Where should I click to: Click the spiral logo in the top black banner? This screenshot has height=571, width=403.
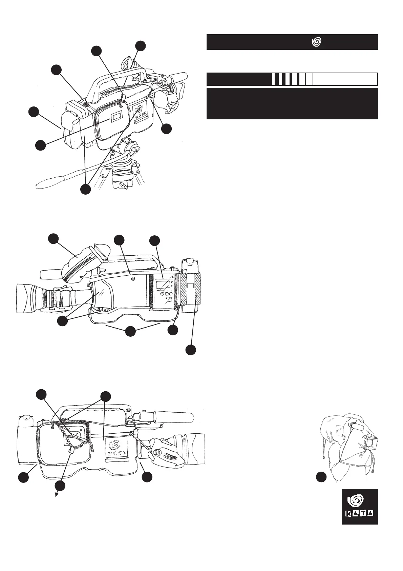[x=316, y=42]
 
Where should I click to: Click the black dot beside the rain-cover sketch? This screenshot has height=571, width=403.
[x=321, y=477]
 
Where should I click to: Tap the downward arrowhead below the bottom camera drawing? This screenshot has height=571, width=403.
[x=57, y=495]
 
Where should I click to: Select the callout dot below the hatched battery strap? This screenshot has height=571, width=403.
[x=191, y=350]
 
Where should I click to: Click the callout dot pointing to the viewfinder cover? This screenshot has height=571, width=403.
[x=53, y=238]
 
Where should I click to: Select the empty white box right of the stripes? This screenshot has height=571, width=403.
[x=345, y=79]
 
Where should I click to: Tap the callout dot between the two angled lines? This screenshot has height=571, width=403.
[x=130, y=331]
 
